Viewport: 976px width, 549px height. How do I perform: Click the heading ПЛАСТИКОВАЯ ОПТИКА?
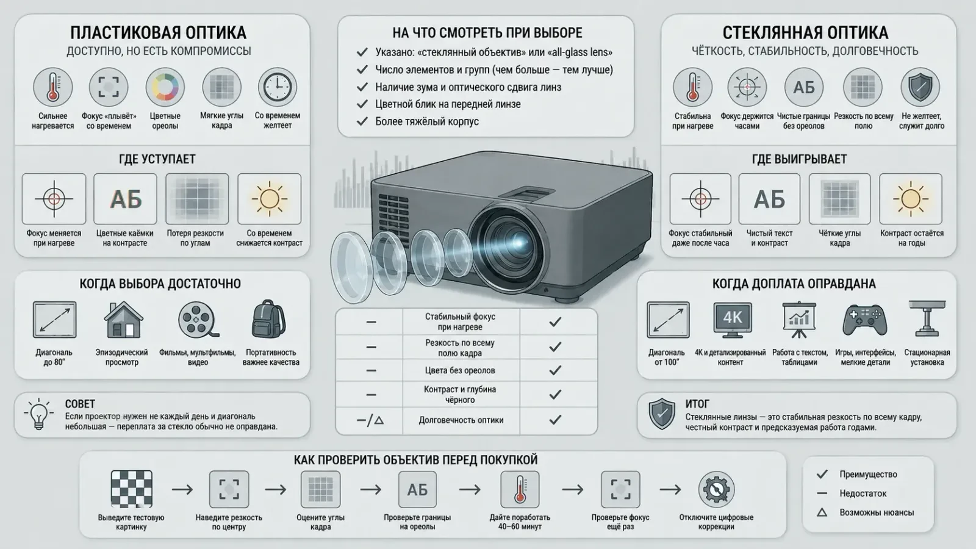(158, 33)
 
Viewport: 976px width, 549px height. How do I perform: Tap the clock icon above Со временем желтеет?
(278, 87)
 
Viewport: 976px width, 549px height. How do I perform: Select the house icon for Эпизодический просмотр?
(123, 320)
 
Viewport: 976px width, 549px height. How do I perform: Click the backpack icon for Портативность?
(269, 319)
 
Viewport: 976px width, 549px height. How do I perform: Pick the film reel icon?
(198, 320)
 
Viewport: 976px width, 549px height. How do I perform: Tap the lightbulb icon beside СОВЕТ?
(39, 414)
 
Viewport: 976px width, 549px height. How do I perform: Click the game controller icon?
(864, 320)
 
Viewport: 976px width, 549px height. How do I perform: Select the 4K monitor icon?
(733, 320)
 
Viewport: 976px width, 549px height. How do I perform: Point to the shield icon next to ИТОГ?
(662, 414)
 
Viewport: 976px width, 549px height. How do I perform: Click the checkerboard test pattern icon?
(132, 489)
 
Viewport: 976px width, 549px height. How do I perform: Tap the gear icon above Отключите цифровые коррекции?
(716, 489)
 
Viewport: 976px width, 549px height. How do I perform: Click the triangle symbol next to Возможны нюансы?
(822, 512)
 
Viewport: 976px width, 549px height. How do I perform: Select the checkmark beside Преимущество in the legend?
(822, 474)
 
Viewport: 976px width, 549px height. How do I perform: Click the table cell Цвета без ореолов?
(460, 371)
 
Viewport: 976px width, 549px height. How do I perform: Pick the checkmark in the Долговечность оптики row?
(555, 420)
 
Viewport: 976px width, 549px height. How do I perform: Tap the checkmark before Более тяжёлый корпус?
(362, 121)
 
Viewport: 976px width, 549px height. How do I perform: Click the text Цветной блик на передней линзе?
(448, 104)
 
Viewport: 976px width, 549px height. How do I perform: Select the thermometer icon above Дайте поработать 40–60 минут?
(520, 489)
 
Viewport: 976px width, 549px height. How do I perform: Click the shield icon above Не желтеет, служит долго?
(920, 87)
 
